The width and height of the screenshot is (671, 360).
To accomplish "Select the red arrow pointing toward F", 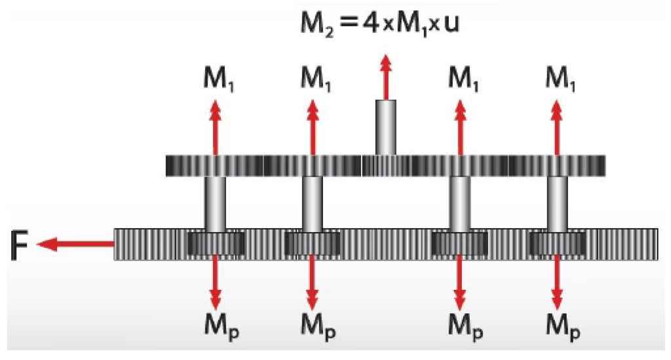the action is (75, 245).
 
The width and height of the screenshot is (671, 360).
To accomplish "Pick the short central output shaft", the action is (386, 127).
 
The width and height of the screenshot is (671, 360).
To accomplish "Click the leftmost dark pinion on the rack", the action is (216, 244).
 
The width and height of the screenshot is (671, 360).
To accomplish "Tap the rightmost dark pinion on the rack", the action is (557, 244).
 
